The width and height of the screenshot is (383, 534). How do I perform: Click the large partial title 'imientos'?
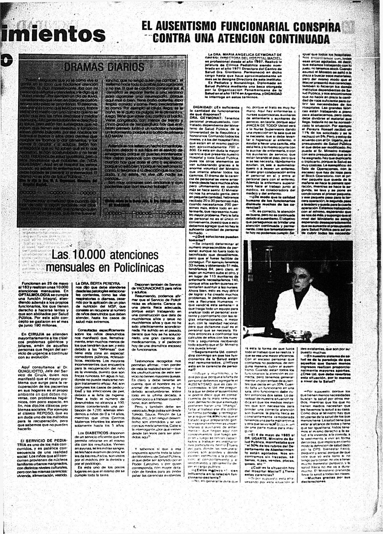[53, 34]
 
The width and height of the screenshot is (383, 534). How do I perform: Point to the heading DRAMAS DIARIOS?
[104, 67]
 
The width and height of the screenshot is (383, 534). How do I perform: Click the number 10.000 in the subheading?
[89, 255]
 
